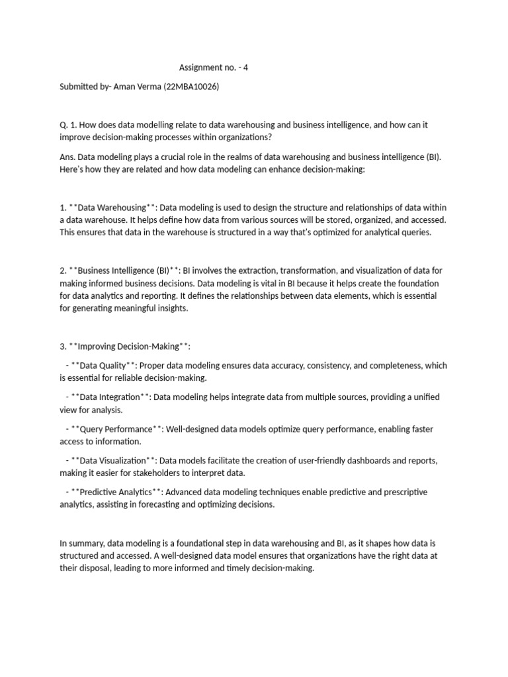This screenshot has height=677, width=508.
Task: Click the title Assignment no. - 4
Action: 214,67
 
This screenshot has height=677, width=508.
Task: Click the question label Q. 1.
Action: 68,125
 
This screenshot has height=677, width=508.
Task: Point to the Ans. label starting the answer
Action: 68,157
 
